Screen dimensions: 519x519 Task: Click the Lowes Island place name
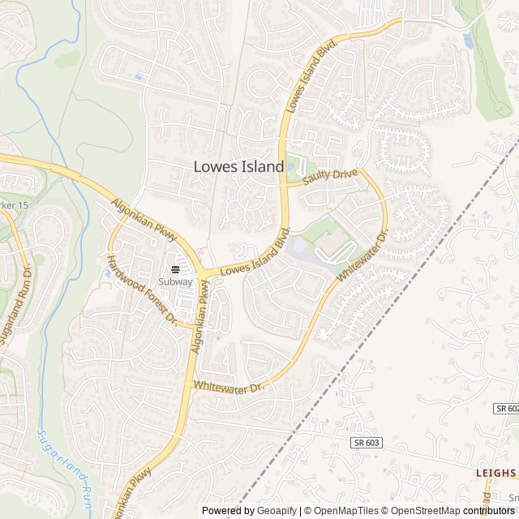[x=238, y=166]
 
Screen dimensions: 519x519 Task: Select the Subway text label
[x=175, y=282]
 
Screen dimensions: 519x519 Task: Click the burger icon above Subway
[x=175, y=270]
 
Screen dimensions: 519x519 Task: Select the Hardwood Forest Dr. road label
[x=142, y=290]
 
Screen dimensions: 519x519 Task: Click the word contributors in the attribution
[x=490, y=511]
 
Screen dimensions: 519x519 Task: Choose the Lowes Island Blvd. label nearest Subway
[x=255, y=257]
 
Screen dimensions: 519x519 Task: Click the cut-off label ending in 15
[x=15, y=206]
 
